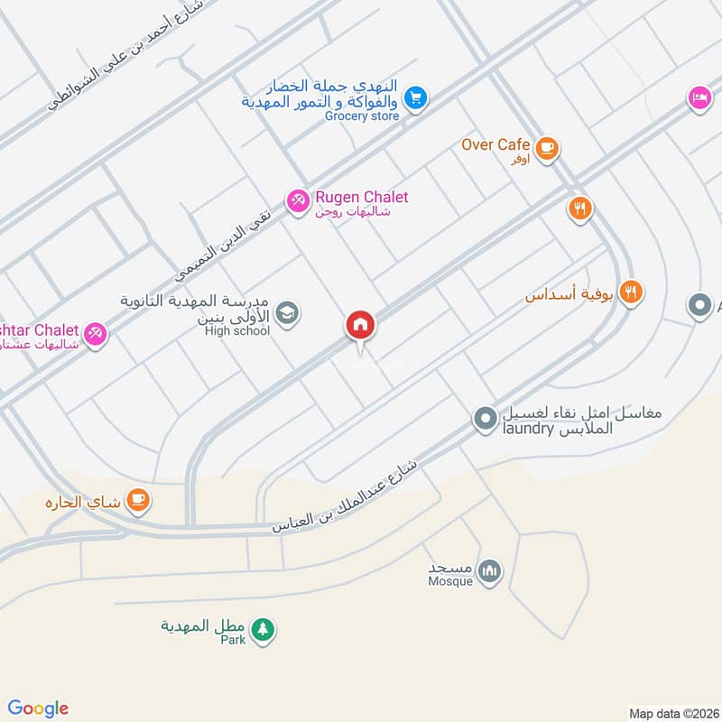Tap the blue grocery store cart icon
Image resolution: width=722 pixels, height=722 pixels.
(x=415, y=97)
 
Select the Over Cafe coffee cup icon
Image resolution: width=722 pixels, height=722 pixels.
(x=546, y=147)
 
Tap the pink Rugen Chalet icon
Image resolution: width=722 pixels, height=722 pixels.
(x=296, y=199)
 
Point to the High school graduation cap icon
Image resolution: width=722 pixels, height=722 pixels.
(x=286, y=313)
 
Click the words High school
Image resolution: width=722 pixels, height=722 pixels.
(x=237, y=331)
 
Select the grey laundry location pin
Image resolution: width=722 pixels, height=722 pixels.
(x=485, y=419)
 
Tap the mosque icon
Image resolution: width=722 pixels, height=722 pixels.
(x=489, y=571)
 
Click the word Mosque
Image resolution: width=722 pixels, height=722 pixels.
(x=451, y=581)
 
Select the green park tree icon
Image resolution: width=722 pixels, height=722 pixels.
(x=263, y=629)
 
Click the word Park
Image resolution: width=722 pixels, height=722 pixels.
(x=234, y=640)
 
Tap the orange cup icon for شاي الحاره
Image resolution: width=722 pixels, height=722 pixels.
(x=137, y=499)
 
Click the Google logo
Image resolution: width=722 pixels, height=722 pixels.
(x=38, y=708)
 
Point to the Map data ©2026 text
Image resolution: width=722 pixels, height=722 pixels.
(x=672, y=712)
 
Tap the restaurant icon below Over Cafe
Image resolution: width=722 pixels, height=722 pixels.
(x=579, y=209)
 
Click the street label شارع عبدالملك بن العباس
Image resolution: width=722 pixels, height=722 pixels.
(x=347, y=497)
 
